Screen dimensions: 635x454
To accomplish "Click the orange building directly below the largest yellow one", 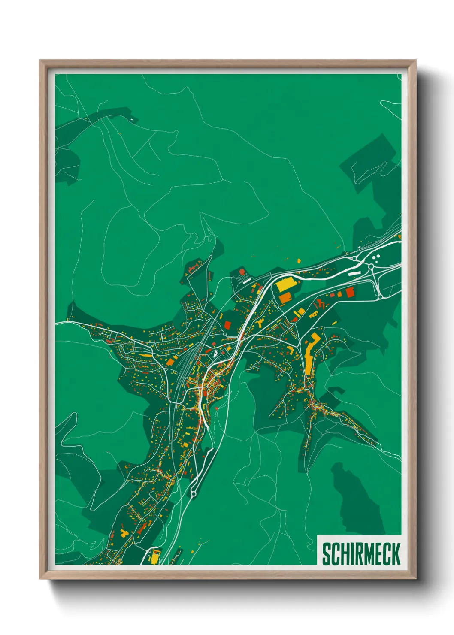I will (x=285, y=299).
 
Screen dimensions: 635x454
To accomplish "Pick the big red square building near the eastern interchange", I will (x=350, y=292).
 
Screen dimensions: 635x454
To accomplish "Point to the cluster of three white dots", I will (x=376, y=258).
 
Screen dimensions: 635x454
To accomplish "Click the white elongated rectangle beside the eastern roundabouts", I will (x=354, y=272).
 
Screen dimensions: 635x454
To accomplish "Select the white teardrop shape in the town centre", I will (x=215, y=354).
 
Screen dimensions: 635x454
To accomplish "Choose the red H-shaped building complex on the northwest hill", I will (x=192, y=269).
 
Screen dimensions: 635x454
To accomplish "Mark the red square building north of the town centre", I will (x=227, y=325).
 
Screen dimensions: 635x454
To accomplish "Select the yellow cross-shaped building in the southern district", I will (x=124, y=533).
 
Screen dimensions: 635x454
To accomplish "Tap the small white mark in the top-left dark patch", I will (x=131, y=118).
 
